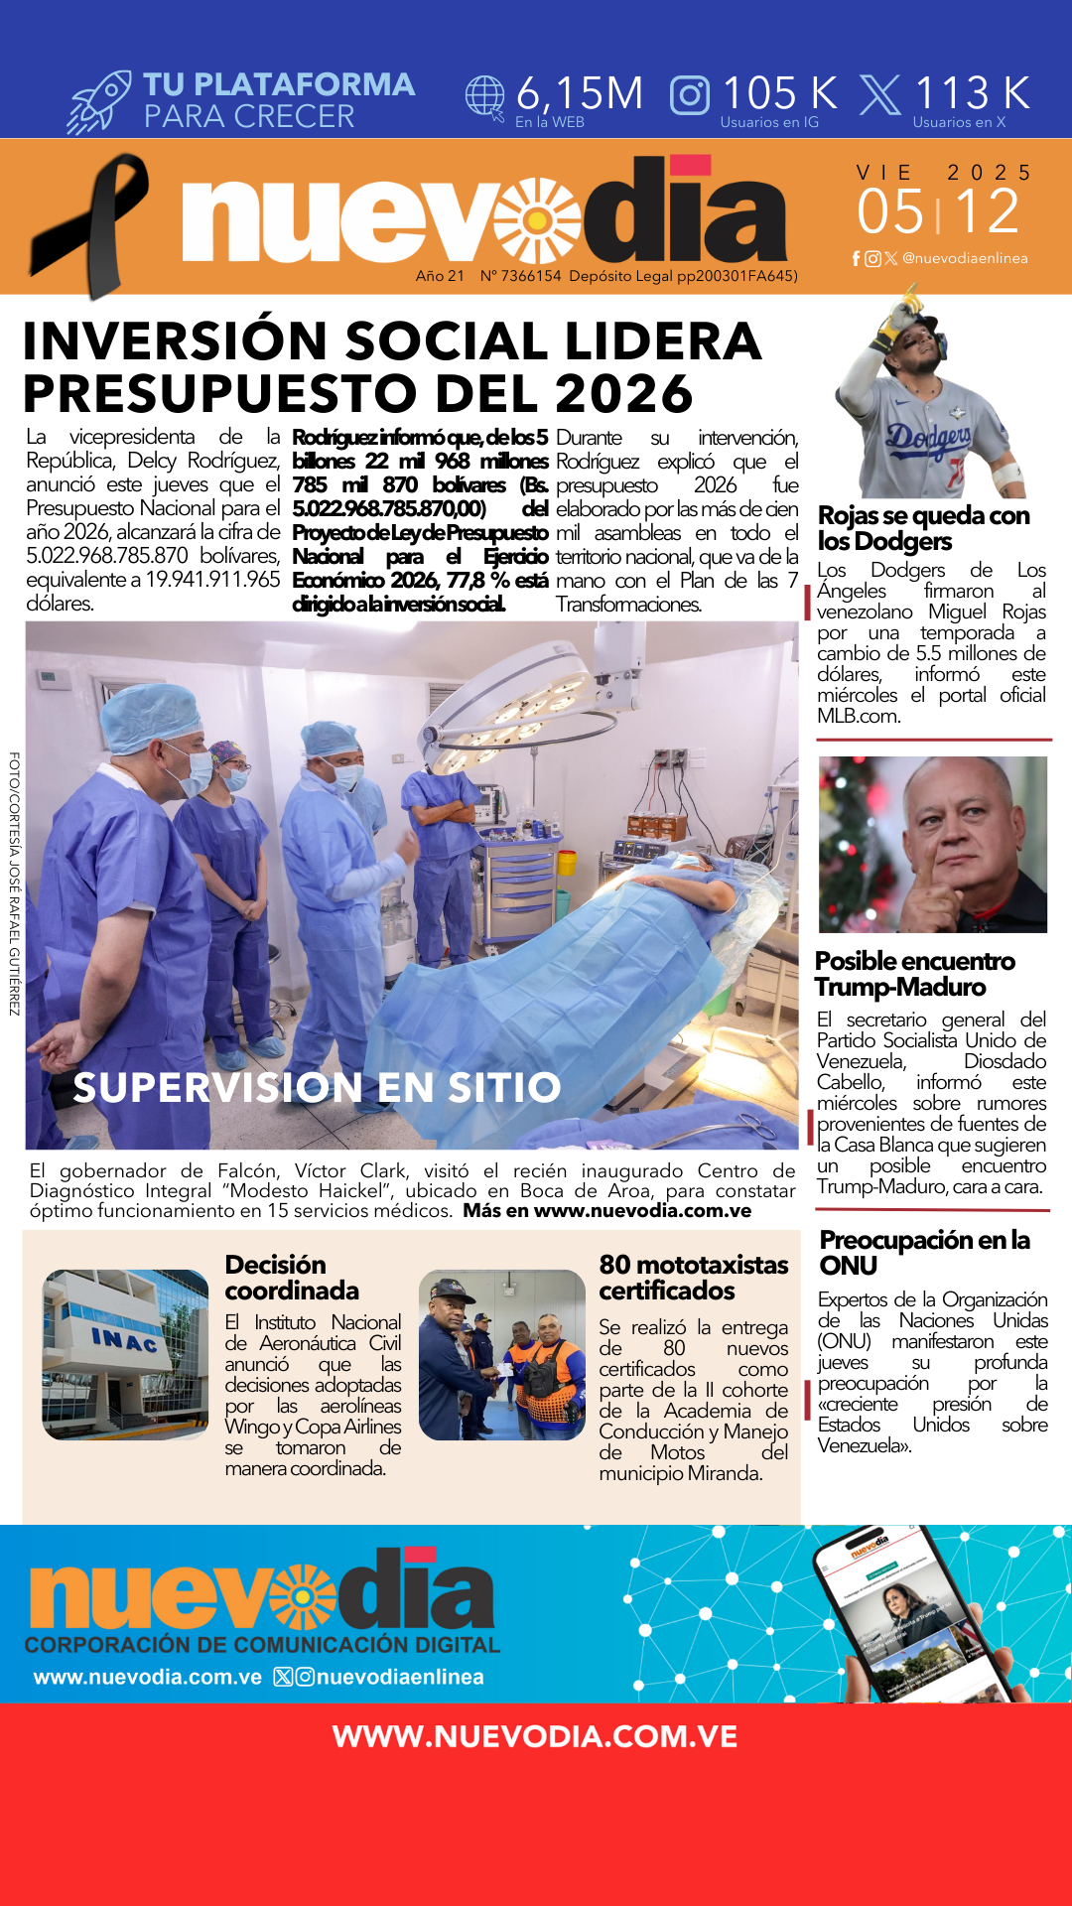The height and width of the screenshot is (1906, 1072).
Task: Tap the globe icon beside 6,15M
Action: click(485, 97)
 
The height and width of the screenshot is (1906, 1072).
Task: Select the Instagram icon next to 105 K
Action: click(690, 95)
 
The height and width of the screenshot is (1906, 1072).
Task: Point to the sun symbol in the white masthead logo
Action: click(537, 220)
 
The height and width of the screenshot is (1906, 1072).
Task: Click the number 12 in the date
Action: click(988, 211)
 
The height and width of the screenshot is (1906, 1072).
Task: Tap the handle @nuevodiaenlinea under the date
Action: click(964, 258)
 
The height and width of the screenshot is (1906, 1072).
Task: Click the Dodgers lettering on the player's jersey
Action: click(928, 437)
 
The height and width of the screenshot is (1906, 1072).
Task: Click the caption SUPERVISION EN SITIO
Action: click(318, 1088)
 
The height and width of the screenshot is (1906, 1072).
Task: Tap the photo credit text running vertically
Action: click(14, 884)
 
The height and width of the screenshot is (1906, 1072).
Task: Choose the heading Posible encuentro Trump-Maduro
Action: click(914, 974)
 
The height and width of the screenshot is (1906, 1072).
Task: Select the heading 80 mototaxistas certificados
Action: click(693, 1278)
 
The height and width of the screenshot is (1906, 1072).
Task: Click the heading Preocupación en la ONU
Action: click(924, 1253)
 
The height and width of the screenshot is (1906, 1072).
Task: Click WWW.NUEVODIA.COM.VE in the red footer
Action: click(535, 1736)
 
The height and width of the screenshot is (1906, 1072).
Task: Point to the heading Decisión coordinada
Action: click(291, 1278)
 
